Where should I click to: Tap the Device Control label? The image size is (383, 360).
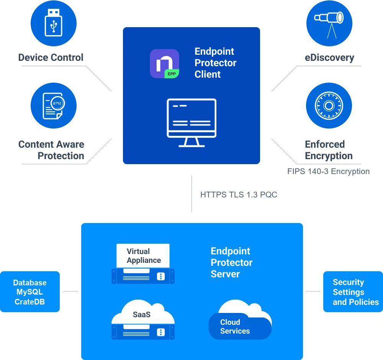(x=51, y=58)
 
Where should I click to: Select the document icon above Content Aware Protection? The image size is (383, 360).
(x=54, y=106)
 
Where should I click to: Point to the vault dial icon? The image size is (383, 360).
(x=329, y=106)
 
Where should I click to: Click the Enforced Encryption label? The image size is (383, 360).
(x=329, y=150)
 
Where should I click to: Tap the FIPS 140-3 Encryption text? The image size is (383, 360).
(x=328, y=171)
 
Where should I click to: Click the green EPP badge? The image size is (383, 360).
(x=172, y=74)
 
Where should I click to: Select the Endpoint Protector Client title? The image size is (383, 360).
(x=215, y=63)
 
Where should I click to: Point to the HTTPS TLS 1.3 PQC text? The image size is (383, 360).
(x=239, y=194)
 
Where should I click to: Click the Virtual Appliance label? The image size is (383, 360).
(x=144, y=256)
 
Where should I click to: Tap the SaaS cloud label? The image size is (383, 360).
(x=142, y=314)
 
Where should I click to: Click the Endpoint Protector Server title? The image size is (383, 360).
(x=232, y=262)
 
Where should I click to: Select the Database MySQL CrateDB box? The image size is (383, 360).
(x=30, y=292)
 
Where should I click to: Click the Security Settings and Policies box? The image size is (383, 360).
(x=353, y=292)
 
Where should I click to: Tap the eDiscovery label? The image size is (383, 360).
(x=329, y=58)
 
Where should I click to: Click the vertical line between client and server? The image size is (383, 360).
(x=192, y=194)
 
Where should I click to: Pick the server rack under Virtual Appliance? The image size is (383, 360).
(x=143, y=276)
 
